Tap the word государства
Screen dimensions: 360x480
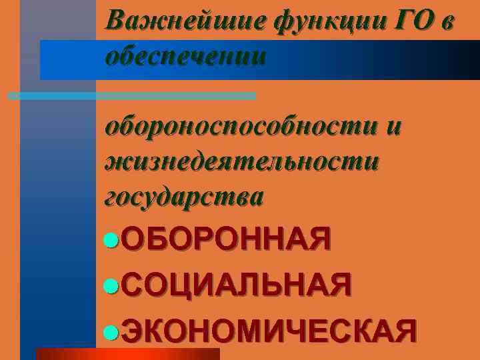184,197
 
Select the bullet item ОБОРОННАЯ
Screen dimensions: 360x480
226,239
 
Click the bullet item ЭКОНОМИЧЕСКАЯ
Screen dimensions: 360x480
270,330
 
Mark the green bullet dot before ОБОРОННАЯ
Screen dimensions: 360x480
113,239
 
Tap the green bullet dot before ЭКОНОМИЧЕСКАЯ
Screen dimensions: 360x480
113,330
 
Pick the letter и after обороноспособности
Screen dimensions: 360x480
393,127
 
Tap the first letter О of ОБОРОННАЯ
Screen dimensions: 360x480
134,239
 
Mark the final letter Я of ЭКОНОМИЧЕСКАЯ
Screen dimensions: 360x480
405,330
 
